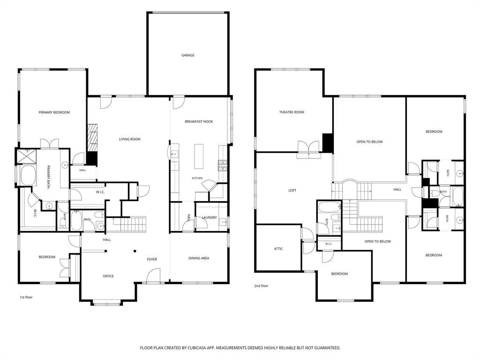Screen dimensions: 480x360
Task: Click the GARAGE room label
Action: pyautogui.click(x=187, y=55)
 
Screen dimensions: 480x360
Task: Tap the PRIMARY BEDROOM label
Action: pyautogui.click(x=54, y=112)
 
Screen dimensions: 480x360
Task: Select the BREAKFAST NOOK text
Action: pyautogui.click(x=199, y=121)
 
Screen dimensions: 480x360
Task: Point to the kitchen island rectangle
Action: pyautogui.click(x=199, y=156)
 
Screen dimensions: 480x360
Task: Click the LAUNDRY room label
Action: pyautogui.click(x=210, y=217)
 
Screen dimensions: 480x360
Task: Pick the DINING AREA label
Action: pyautogui.click(x=199, y=258)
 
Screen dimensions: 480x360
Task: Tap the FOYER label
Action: pyautogui.click(x=152, y=259)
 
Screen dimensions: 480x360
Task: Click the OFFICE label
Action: pyautogui.click(x=108, y=276)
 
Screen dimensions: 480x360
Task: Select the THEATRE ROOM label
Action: pyautogui.click(x=292, y=112)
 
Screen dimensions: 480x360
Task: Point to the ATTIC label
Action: pyautogui.click(x=278, y=249)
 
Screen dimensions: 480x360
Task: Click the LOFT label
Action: pyautogui.click(x=292, y=190)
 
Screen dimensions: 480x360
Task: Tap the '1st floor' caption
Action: pyautogui.click(x=26, y=297)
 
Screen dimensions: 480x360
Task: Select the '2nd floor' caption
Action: pyautogui.click(x=261, y=286)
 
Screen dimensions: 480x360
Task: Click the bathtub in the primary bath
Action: pyautogui.click(x=28, y=175)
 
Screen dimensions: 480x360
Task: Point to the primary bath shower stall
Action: pyautogui.click(x=26, y=157)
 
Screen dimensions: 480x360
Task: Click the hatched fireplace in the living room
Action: pyautogui.click(x=92, y=138)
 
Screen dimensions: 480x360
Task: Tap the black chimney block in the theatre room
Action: pyautogui.click(x=328, y=142)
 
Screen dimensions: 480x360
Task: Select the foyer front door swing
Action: pyautogui.click(x=153, y=276)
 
